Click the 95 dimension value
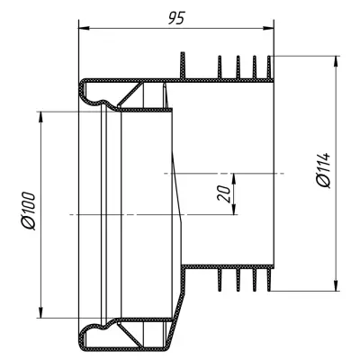[176, 18]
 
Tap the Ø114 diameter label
[323, 170]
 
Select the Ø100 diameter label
[29, 211]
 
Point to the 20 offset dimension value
[223, 193]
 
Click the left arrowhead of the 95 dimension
[84, 28]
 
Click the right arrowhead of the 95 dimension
[268, 28]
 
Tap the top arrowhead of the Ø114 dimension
[336, 61]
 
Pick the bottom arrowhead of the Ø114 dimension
[336, 285]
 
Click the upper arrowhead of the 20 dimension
[234, 179]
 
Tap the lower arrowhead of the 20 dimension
[234, 209]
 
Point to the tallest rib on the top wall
[183, 66]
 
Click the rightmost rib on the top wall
[269, 67]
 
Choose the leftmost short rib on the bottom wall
[220, 280]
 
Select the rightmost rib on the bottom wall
[269, 280]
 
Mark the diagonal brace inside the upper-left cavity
[130, 94]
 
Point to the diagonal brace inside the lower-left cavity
[130, 334]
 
